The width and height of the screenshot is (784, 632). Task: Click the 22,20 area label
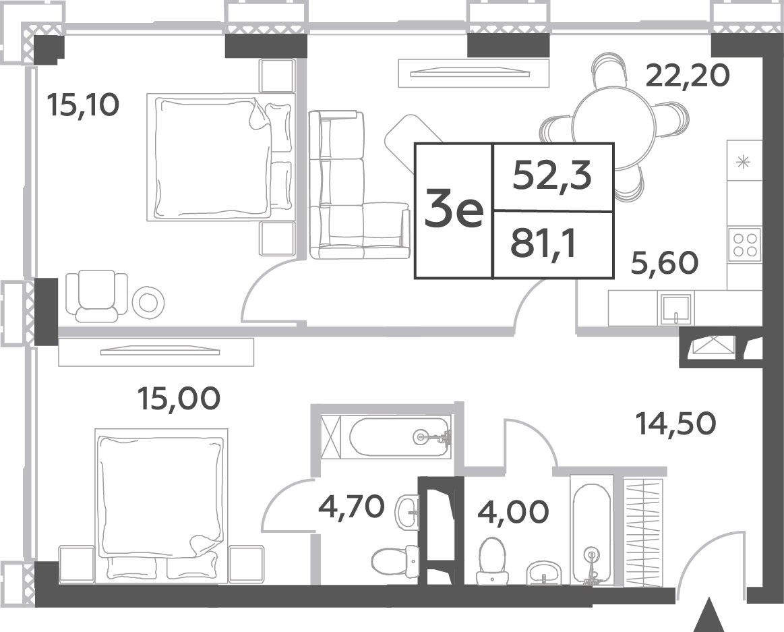[688, 76]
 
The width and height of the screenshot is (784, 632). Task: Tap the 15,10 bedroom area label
[83, 105]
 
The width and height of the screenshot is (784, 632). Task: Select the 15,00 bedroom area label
[179, 399]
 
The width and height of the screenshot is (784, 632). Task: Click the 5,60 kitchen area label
[665, 263]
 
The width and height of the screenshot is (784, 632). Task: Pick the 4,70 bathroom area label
[351, 507]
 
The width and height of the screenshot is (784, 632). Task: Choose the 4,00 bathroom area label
[513, 512]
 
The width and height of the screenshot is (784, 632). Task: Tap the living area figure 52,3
[552, 176]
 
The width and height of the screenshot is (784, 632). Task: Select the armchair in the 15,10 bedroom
[96, 295]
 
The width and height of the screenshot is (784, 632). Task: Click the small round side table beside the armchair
[148, 302]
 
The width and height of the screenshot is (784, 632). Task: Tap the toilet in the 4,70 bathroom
[395, 561]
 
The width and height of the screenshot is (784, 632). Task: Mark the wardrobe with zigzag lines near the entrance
[644, 532]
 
